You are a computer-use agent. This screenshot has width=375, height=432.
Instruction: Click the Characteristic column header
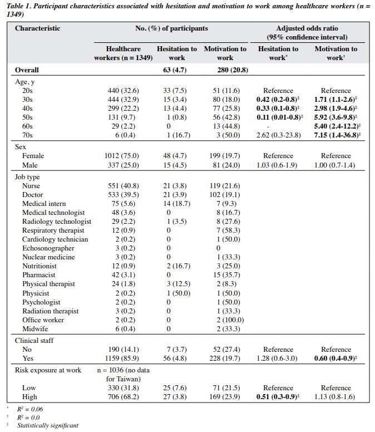[37, 28]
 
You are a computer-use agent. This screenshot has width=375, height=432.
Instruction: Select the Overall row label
[27, 70]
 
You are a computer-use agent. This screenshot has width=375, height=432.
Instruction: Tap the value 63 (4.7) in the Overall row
[175, 70]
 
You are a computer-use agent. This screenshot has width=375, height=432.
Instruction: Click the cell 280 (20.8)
[233, 70]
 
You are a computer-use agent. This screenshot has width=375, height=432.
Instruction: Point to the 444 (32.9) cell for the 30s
[124, 100]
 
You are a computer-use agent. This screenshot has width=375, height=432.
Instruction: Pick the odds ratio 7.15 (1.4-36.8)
[337, 135]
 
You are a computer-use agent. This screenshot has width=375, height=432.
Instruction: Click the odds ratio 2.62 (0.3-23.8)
[278, 135]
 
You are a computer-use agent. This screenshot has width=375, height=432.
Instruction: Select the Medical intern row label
[44, 204]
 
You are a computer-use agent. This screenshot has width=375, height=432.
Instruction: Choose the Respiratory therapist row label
[53, 230]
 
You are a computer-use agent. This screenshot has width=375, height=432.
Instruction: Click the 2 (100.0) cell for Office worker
[230, 320]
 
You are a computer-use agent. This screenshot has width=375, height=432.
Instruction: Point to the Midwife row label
[35, 328]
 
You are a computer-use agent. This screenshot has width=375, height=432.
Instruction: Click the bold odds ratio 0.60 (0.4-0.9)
[335, 358]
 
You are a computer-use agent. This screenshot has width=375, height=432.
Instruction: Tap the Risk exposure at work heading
[48, 370]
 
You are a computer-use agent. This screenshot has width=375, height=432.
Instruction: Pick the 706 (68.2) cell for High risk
[124, 397]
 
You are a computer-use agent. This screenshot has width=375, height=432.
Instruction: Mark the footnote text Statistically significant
[48, 425]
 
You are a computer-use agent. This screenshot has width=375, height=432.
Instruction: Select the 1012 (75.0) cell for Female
[122, 156]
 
